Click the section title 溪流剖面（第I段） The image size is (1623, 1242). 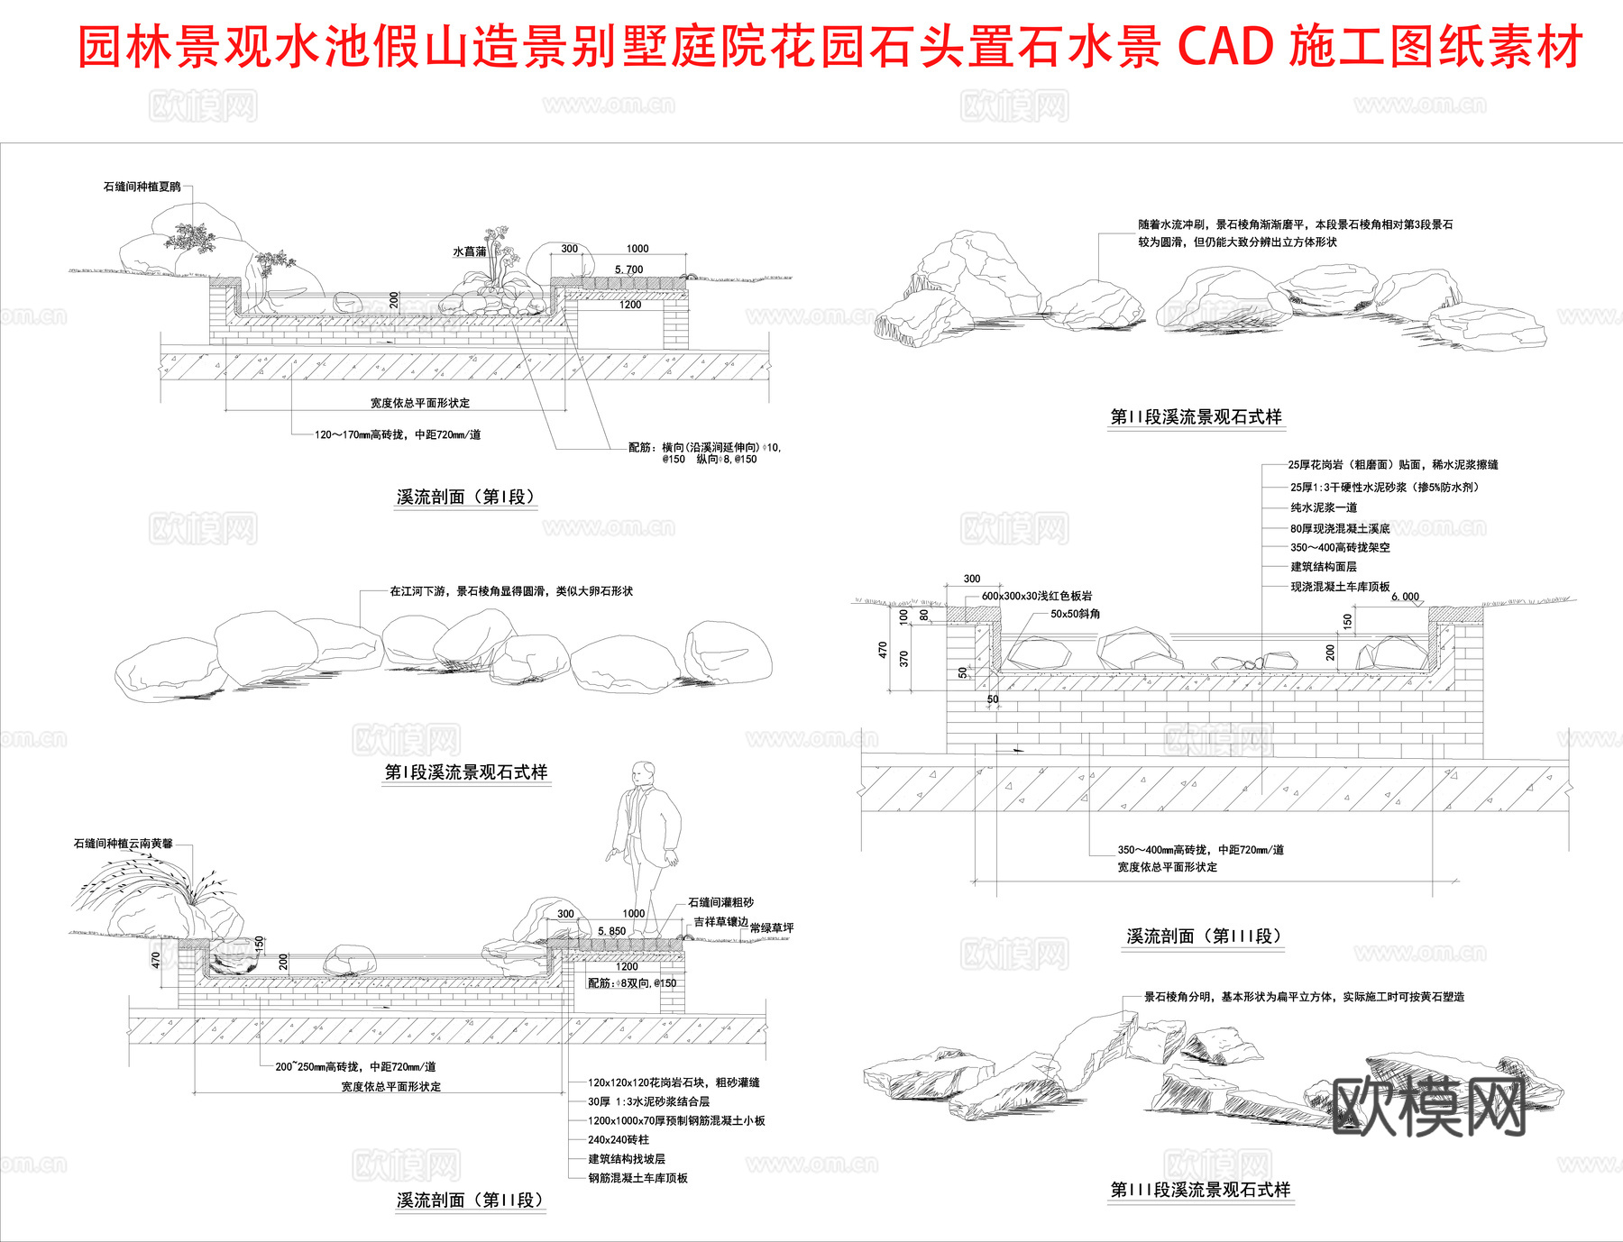(466, 497)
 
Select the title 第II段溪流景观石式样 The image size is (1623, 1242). (1196, 417)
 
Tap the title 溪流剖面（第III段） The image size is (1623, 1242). (1203, 936)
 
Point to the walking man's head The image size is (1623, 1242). (643, 774)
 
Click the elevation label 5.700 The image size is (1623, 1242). (628, 269)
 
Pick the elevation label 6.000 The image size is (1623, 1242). (1405, 597)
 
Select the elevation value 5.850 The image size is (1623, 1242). (611, 931)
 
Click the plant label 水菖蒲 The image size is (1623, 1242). (469, 251)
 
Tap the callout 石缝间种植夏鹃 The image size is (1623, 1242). (142, 187)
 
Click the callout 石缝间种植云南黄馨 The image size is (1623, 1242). (123, 844)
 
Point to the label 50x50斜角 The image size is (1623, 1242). (1075, 614)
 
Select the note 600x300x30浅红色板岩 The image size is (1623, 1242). (1037, 596)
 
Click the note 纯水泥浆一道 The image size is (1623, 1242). (1323, 507)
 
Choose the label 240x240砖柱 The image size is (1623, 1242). (618, 1139)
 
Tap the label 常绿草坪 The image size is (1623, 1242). (772, 927)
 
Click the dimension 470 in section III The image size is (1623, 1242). (883, 649)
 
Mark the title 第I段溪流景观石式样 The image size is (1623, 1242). (466, 772)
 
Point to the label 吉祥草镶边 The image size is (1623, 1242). (720, 922)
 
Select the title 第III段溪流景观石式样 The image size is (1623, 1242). (1200, 1190)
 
